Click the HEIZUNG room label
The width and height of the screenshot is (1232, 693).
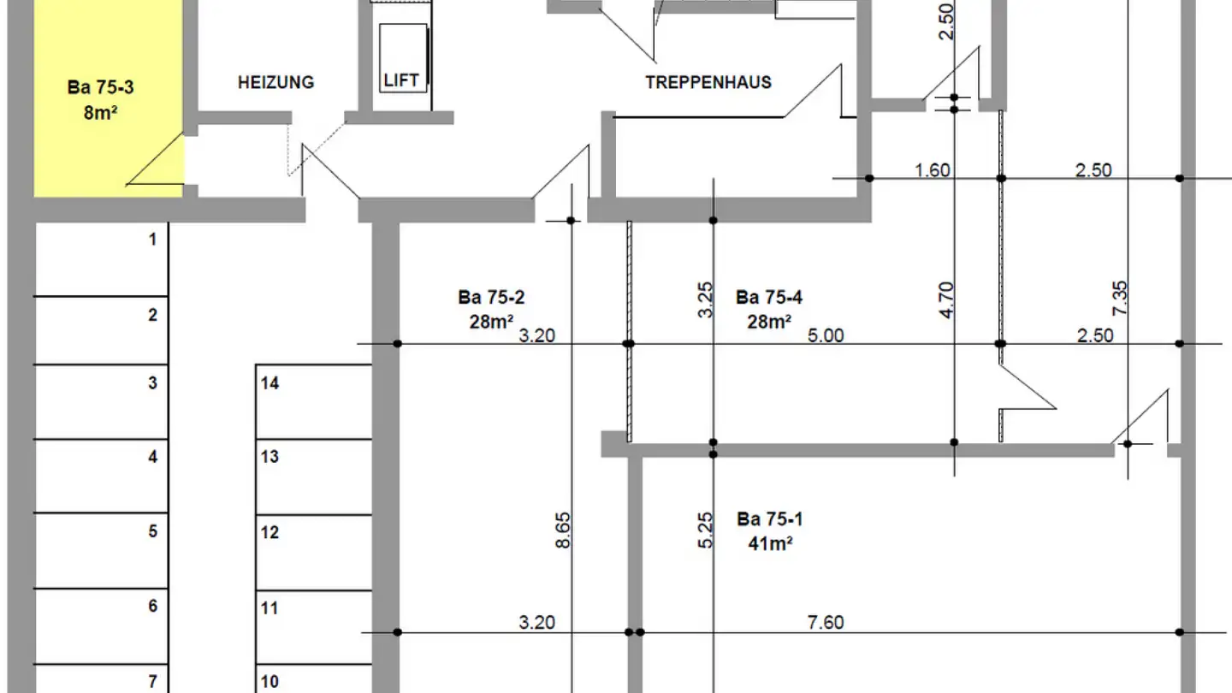275,83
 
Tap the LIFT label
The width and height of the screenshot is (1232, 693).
401,80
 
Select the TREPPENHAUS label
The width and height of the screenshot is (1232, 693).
708,83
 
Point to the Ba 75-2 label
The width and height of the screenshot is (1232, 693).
491,298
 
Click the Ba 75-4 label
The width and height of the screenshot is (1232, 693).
769,298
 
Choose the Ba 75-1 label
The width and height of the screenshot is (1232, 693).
769,519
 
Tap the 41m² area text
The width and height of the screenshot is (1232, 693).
769,542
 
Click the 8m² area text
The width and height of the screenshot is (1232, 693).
100,111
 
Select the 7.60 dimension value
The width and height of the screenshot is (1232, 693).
826,622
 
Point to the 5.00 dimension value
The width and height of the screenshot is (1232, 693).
826,335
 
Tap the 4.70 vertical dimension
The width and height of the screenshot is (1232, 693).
946,301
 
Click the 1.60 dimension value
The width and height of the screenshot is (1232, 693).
933,170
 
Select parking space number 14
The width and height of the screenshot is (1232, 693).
269,384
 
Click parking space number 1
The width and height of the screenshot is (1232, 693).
153,240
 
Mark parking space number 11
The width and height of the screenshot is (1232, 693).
269,608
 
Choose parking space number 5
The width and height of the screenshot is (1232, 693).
153,531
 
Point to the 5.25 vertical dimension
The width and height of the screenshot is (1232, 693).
707,530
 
